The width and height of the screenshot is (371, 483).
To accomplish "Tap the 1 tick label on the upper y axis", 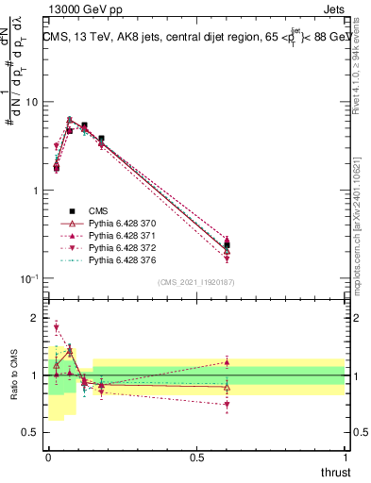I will (x=35, y=191).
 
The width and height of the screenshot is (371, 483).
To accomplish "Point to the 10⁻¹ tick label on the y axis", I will (x=28, y=278).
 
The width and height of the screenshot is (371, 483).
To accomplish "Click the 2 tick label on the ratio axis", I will (x=35, y=318).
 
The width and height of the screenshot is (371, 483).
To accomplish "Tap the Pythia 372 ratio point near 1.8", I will (x=56, y=327).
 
